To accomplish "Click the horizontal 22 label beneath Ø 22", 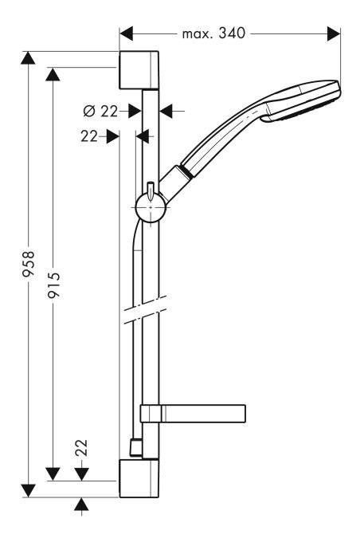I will (x=90, y=136).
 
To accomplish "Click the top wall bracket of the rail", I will (x=140, y=71).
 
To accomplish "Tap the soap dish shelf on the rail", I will (x=190, y=413).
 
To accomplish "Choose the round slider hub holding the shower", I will (x=150, y=210).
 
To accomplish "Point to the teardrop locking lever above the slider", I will (x=150, y=190).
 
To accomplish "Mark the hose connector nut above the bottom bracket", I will (x=135, y=446).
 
